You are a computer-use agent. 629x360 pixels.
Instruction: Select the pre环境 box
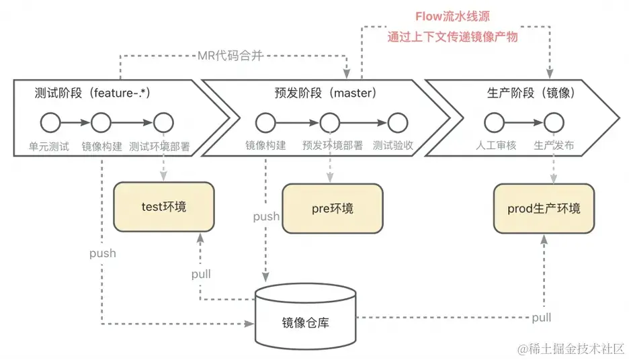click(x=332, y=209)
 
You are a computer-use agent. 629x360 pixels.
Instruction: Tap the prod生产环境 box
click(x=544, y=209)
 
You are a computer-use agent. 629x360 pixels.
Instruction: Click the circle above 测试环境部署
click(x=163, y=123)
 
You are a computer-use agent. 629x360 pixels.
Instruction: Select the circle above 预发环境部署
click(x=329, y=123)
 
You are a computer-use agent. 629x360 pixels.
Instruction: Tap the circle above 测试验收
click(x=397, y=123)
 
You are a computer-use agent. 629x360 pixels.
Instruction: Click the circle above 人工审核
click(x=494, y=123)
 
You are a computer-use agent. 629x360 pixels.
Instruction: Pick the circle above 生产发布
click(x=554, y=123)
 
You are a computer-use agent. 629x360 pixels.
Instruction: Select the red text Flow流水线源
click(x=453, y=15)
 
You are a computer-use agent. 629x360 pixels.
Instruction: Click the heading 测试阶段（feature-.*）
click(x=91, y=93)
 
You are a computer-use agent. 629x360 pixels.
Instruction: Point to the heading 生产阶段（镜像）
click(x=530, y=93)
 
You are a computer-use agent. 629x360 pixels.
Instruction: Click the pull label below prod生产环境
click(x=542, y=317)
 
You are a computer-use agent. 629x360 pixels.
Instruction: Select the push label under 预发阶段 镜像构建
click(x=266, y=216)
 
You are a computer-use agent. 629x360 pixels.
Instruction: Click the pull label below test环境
click(x=200, y=274)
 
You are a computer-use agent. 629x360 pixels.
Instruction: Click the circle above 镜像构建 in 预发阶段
click(x=265, y=123)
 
